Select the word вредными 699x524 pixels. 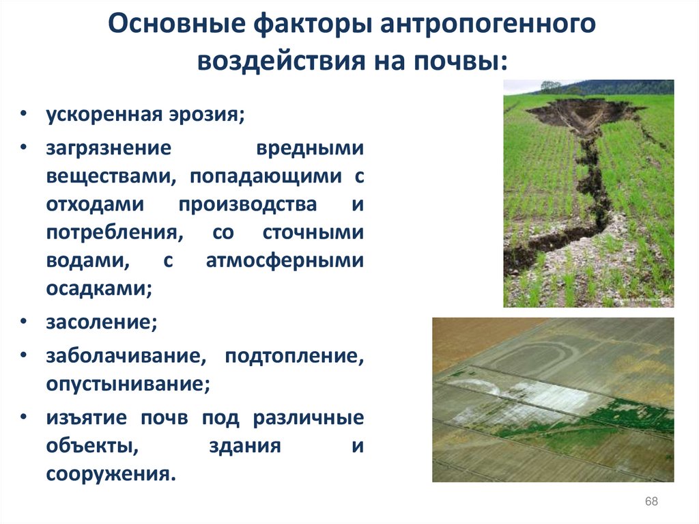click(x=310, y=148)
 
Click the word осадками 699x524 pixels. click(x=98, y=288)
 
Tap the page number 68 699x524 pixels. click(x=651, y=502)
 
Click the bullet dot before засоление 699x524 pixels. click(x=25, y=322)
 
